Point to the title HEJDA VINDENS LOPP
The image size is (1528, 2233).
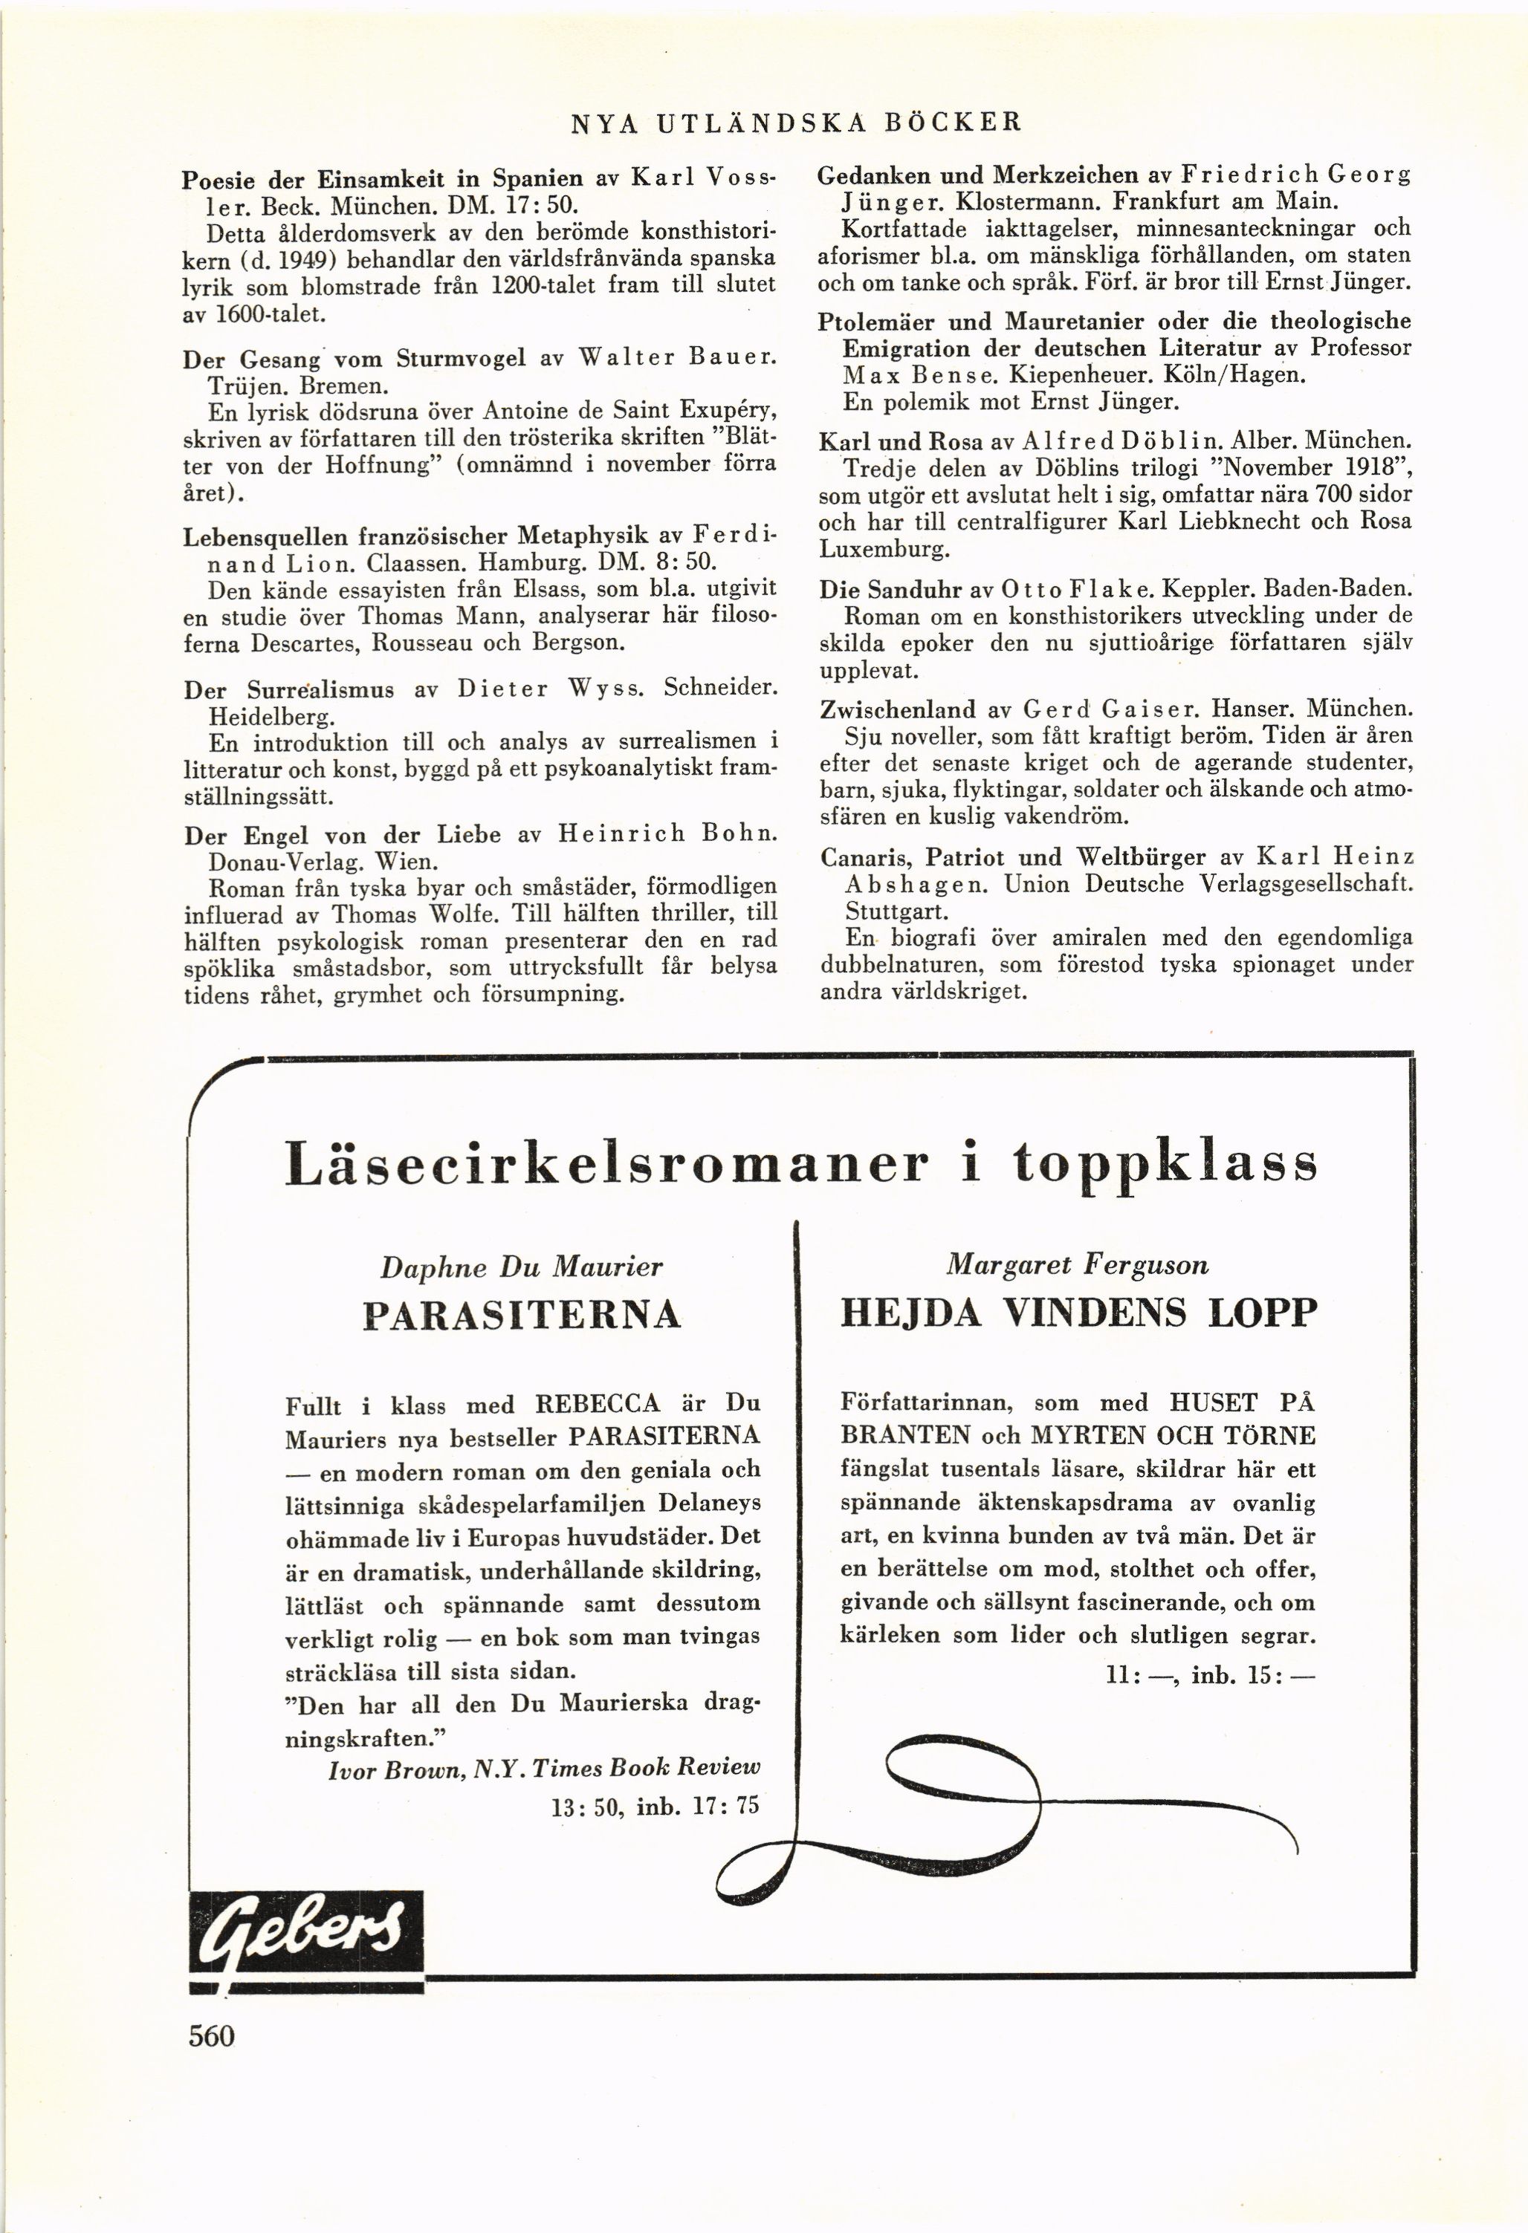[1078, 1313]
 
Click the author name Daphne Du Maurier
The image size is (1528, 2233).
[522, 1267]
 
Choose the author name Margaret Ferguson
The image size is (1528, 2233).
[1078, 1264]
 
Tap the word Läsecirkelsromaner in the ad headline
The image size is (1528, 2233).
[606, 1163]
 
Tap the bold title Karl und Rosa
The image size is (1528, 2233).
[901, 442]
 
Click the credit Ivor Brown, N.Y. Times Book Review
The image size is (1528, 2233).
[544, 1768]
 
